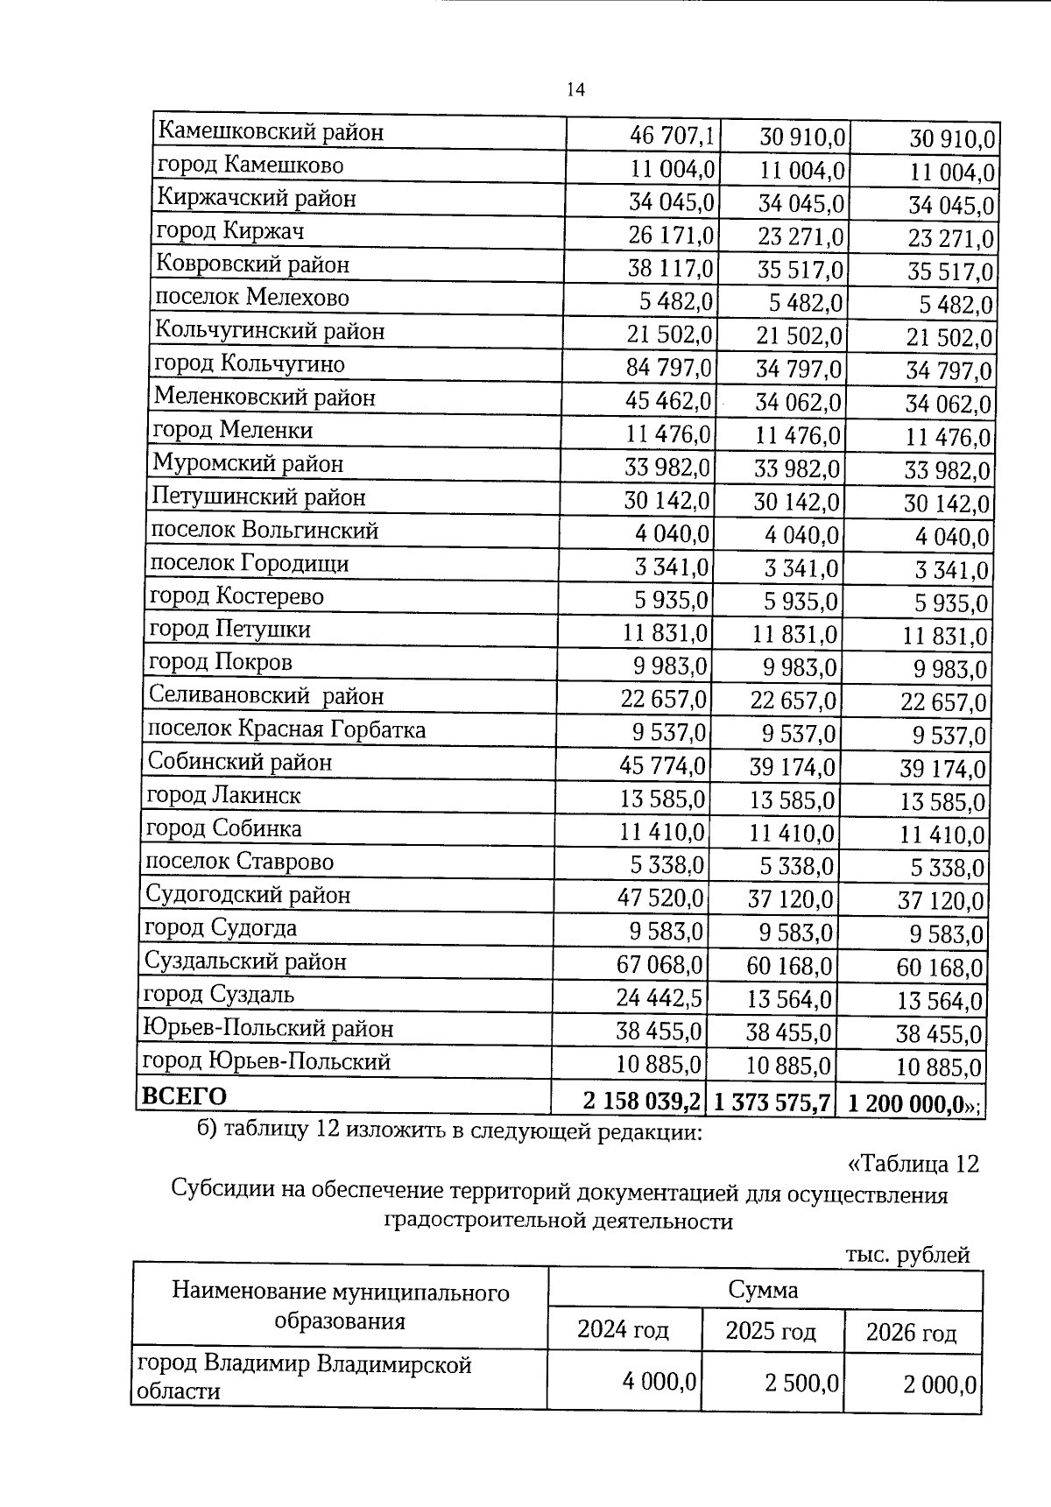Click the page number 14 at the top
575,89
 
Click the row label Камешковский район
271,132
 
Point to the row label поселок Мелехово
252,298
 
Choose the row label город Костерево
236,596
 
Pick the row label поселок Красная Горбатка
286,729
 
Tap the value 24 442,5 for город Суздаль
660,997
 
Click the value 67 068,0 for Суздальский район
660,964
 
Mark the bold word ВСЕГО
185,1096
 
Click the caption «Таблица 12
913,1164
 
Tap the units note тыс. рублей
908,1255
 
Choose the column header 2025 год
771,1331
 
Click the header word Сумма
763,1289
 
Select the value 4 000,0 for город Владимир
660,1381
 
